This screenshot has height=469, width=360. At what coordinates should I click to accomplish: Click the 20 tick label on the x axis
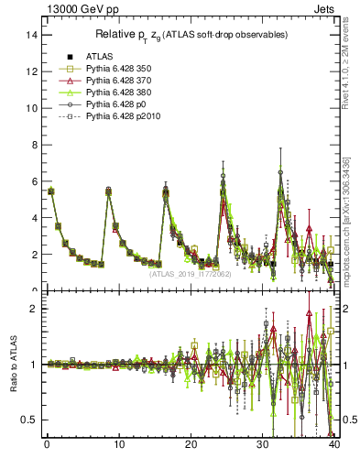pyautogui.click(x=191, y=446)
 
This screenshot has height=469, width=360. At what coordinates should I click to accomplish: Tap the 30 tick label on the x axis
pyautogui.click(x=263, y=446)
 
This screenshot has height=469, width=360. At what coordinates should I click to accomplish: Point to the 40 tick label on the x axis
pyautogui.click(x=334, y=446)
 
